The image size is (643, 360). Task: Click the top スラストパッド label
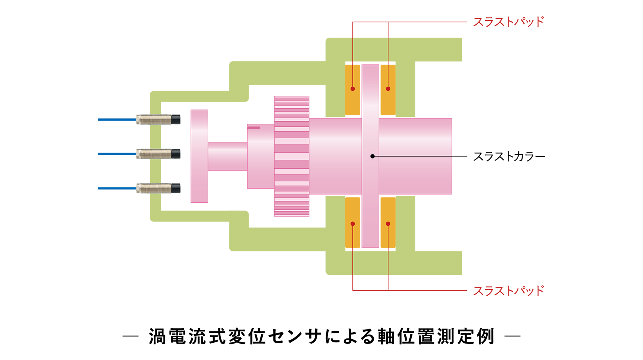(x=509, y=22)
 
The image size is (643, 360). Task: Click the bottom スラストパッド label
(x=509, y=291)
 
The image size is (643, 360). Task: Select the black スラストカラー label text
(x=509, y=156)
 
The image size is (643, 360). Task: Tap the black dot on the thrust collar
(x=372, y=156)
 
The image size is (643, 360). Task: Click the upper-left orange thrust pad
(x=352, y=90)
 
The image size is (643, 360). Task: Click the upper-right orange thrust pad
(x=388, y=90)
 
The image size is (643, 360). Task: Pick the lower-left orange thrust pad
(x=352, y=222)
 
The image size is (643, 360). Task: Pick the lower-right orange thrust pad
(x=388, y=222)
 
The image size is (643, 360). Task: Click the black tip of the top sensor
(x=176, y=120)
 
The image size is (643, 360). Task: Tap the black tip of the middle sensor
(x=176, y=154)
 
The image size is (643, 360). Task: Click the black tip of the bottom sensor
(x=176, y=188)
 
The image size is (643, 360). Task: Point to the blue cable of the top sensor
(x=117, y=120)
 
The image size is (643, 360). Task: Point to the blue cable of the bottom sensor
(x=117, y=188)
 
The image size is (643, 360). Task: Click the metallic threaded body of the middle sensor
(x=154, y=154)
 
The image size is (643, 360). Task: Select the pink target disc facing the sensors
(x=199, y=156)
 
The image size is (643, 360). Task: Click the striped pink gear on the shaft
(x=292, y=156)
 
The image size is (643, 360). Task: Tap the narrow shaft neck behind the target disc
(x=228, y=156)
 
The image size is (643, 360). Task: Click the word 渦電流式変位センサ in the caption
(x=235, y=336)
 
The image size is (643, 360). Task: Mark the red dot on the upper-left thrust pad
(x=352, y=89)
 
